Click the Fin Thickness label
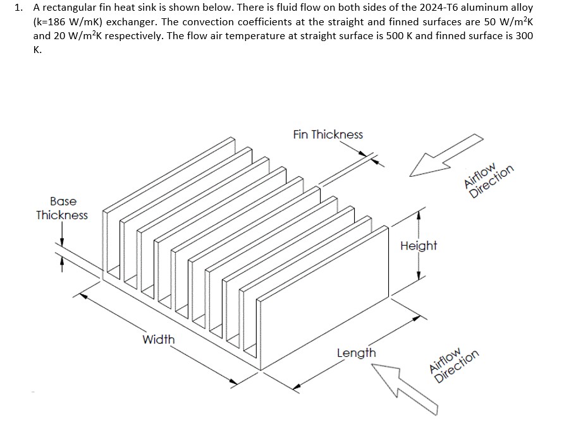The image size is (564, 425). [328, 135]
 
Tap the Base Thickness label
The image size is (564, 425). [62, 208]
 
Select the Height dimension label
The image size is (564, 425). [418, 245]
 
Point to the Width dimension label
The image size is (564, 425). [158, 339]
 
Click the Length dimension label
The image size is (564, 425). [356, 352]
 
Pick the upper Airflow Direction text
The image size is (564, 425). [489, 182]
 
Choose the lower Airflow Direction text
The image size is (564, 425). [453, 364]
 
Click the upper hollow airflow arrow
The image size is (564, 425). [445, 156]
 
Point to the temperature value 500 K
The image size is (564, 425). [399, 36]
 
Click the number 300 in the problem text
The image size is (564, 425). [524, 36]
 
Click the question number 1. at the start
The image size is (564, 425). [19, 8]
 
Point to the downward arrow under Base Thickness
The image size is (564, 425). [62, 242]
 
